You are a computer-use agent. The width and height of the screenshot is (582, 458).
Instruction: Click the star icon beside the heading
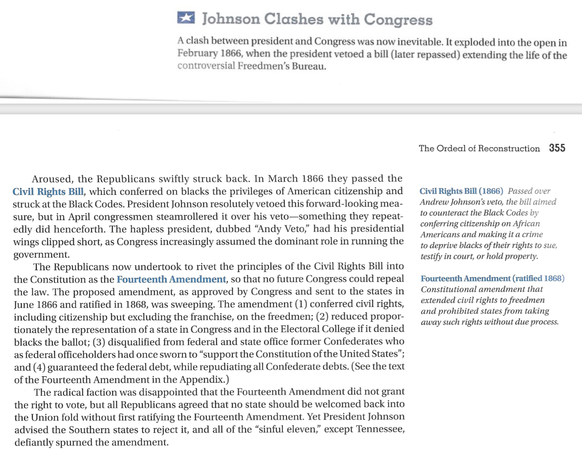pos(186,18)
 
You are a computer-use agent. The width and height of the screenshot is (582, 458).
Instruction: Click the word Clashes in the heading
pos(294,19)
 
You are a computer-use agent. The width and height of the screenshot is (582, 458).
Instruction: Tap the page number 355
pos(557,148)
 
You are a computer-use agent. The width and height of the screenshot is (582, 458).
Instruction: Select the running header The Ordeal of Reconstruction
pos(479,148)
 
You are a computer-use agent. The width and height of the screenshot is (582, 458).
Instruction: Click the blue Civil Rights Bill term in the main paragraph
pos(48,191)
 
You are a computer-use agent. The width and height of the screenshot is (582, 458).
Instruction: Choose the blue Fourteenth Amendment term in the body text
pos(171,279)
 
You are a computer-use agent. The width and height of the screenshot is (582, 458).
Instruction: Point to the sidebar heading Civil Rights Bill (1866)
pos(461,191)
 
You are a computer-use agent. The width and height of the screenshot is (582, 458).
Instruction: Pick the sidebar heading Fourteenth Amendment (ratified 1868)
pos(492,278)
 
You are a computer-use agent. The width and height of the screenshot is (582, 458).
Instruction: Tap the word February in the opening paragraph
pos(198,53)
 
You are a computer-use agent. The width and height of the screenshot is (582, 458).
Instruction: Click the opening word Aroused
pos(51,179)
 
